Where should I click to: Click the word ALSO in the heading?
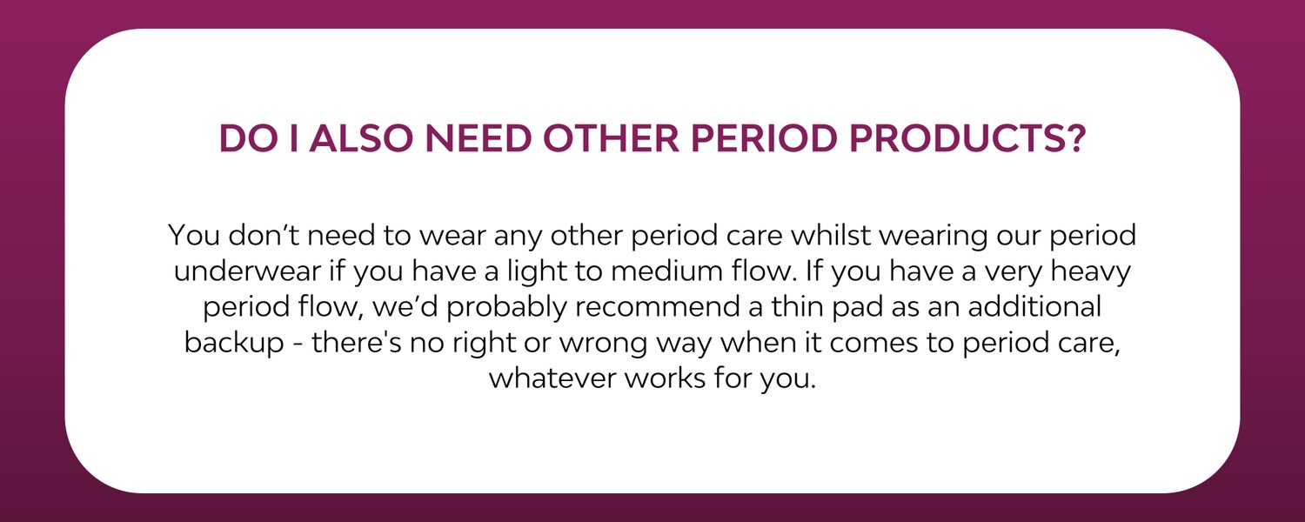(361, 138)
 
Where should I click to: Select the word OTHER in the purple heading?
(611, 138)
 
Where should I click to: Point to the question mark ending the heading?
(1074, 138)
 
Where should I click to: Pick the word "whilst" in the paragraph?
(830, 235)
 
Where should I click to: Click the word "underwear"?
(247, 271)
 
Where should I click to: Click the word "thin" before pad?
(797, 307)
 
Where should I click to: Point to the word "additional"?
(1034, 307)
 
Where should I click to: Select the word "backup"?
(234, 343)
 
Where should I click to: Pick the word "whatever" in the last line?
(552, 378)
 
